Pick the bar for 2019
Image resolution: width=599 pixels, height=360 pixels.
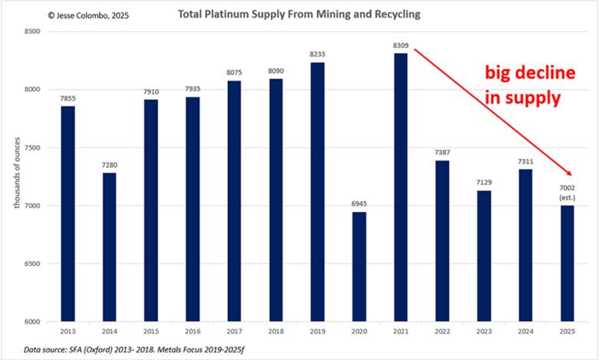point(317,192)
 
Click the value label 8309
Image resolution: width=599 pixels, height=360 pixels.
point(401,45)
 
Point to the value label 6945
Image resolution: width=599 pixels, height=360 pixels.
point(359,203)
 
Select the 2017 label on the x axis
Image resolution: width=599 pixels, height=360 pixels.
point(234,330)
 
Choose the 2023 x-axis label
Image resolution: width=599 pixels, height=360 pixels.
point(484,330)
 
